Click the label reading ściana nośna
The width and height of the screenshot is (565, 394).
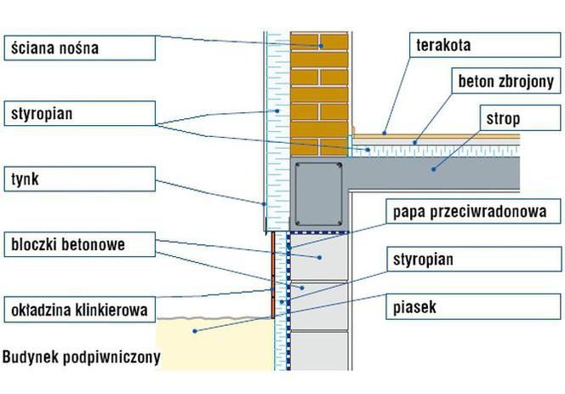(80, 48)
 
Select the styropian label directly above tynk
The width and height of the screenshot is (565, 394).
(80, 113)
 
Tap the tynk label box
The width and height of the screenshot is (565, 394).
(80, 179)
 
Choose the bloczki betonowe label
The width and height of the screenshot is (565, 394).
(80, 244)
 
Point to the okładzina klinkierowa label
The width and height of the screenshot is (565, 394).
(80, 310)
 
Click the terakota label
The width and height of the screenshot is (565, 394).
(485, 45)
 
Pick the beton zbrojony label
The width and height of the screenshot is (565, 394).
(506, 82)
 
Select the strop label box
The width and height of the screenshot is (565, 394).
(520, 118)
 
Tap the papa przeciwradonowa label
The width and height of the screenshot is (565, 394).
(473, 211)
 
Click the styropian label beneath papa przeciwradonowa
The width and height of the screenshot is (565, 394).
(473, 260)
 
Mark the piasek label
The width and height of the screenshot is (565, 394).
(473, 306)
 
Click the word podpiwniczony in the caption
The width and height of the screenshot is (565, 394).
(111, 357)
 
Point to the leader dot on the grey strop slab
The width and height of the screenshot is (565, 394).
(433, 169)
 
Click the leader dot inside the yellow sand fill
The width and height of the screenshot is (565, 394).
(195, 331)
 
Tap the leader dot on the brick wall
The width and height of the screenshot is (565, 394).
(320, 46)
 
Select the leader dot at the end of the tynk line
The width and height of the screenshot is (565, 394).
(264, 204)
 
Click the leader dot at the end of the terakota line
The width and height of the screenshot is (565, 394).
(385, 134)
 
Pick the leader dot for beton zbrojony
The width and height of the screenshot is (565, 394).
(414, 143)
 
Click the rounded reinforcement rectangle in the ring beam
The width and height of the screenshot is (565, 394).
(318, 194)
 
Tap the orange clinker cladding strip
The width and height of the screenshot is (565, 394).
(273, 275)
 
